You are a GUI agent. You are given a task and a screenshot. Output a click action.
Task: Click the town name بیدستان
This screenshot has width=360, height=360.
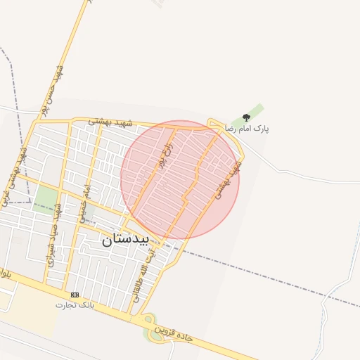click(x=126, y=239)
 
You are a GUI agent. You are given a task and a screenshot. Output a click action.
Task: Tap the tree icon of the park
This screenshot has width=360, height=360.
click(x=245, y=117)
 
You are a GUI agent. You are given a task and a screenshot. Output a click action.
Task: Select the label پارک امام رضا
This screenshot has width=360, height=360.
click(x=247, y=129)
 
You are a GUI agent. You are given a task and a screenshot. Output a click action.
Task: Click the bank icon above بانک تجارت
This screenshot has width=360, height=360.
click(x=75, y=295)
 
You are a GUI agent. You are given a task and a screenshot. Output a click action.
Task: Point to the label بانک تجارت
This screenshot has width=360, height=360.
click(x=75, y=305)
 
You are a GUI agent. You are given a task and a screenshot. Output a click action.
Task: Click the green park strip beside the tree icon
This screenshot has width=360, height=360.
click(x=257, y=111)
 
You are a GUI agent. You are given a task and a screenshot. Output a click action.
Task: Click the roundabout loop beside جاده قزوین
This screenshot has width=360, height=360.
click(x=151, y=330)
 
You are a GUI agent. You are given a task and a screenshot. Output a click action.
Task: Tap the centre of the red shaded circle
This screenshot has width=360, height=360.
click(x=180, y=179)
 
